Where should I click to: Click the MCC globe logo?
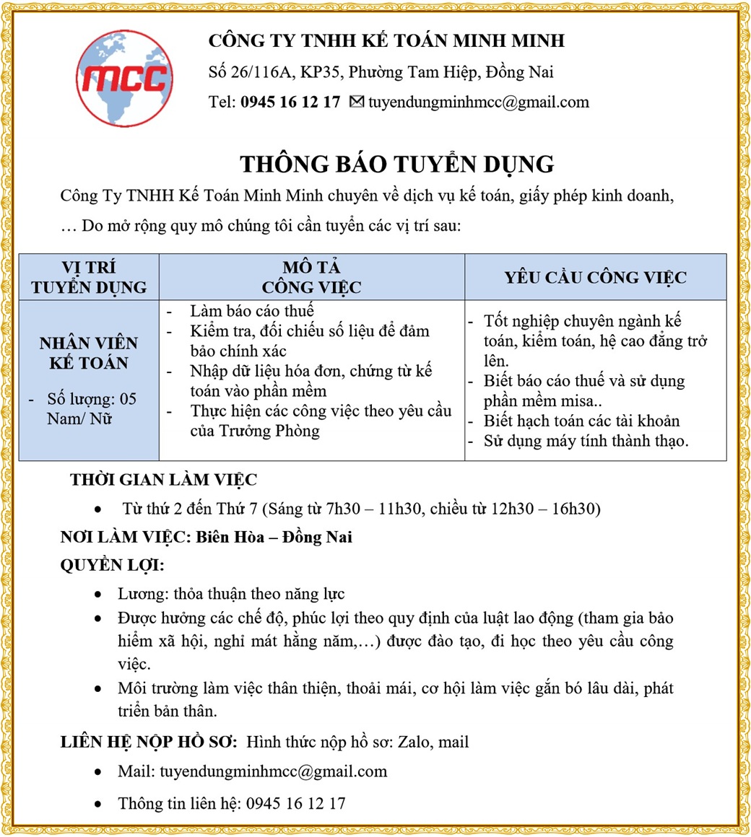(x=124, y=78)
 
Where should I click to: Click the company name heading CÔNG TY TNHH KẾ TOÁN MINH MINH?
(x=386, y=41)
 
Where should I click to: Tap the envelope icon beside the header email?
(x=356, y=102)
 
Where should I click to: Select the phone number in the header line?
(x=290, y=102)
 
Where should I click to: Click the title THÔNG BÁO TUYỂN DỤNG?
(x=396, y=165)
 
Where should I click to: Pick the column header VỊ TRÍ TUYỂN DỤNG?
(x=89, y=278)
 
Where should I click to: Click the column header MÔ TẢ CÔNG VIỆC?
(x=311, y=278)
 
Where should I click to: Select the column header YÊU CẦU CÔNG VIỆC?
(x=595, y=278)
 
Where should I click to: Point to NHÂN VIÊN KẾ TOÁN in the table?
(x=89, y=353)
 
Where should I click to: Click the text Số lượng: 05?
(x=91, y=399)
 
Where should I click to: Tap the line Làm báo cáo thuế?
(x=252, y=311)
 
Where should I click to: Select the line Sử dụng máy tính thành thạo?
(x=586, y=441)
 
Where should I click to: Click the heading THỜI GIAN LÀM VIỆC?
(x=163, y=480)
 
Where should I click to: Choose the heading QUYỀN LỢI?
(x=112, y=565)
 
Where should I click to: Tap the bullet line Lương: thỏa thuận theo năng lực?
(x=231, y=595)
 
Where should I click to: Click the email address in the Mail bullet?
(x=273, y=771)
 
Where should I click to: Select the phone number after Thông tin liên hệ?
(x=296, y=803)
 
